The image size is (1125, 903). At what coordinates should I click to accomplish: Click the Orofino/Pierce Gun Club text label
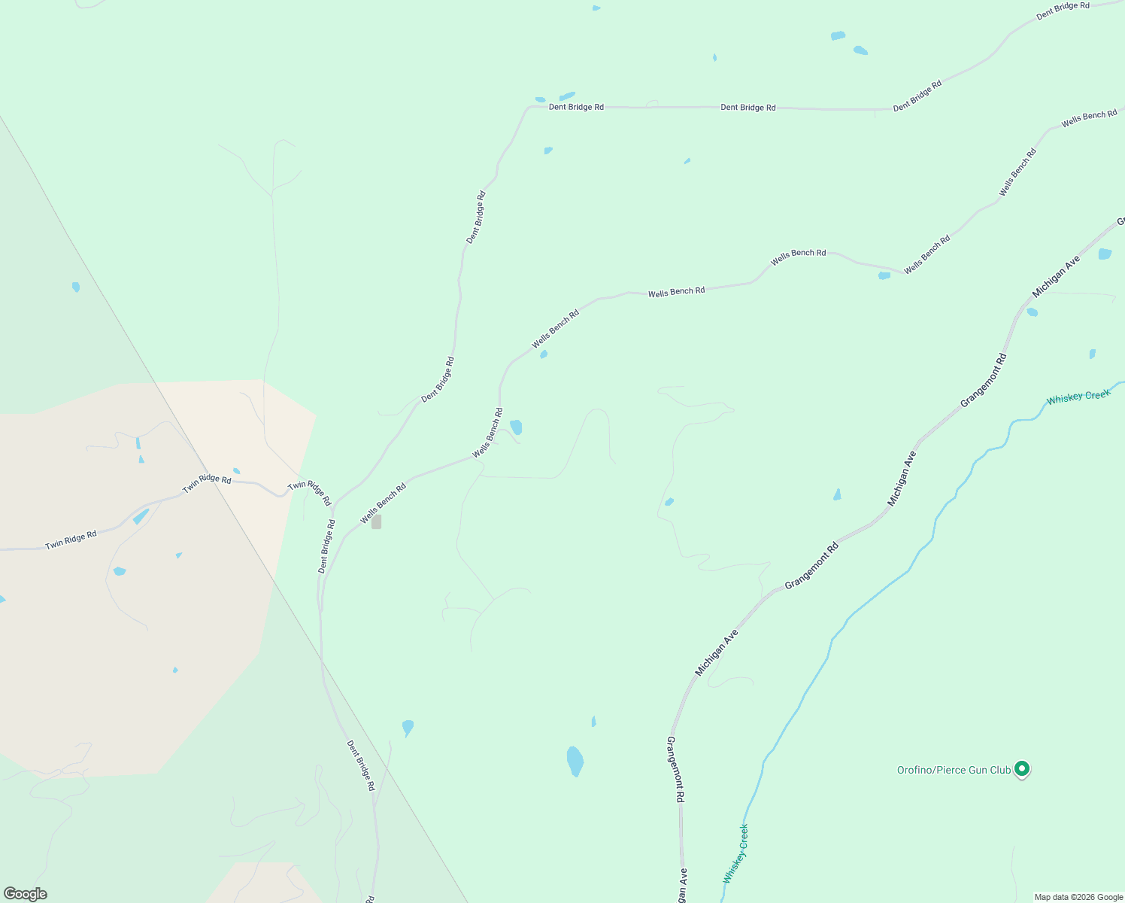tap(954, 770)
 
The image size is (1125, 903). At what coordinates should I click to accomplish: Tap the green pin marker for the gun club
tap(1021, 768)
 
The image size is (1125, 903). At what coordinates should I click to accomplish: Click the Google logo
tap(25, 894)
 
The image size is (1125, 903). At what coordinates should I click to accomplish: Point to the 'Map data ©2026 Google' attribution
tap(1078, 897)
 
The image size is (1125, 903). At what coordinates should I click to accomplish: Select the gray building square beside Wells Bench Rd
tap(376, 521)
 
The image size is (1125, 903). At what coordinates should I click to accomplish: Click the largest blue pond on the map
tap(575, 761)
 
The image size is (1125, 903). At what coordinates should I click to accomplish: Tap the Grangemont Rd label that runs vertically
tap(675, 769)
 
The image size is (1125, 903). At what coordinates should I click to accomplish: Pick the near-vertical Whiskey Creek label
tap(736, 853)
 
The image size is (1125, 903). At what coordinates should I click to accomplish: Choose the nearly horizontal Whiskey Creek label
tap(1078, 396)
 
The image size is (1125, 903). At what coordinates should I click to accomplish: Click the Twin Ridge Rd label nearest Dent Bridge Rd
tap(309, 493)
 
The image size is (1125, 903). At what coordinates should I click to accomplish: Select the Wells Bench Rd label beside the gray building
tap(383, 503)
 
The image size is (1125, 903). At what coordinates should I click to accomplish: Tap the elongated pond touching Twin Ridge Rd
tap(141, 516)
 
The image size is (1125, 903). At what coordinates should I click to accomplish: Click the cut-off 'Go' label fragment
tap(1120, 220)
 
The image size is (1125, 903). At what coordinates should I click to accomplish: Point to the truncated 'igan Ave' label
tap(681, 886)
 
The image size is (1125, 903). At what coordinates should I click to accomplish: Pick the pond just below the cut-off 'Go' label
tap(1104, 254)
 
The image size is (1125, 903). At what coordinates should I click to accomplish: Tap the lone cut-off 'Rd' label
tap(370, 898)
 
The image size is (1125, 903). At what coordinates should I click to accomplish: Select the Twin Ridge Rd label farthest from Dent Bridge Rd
tap(71, 540)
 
